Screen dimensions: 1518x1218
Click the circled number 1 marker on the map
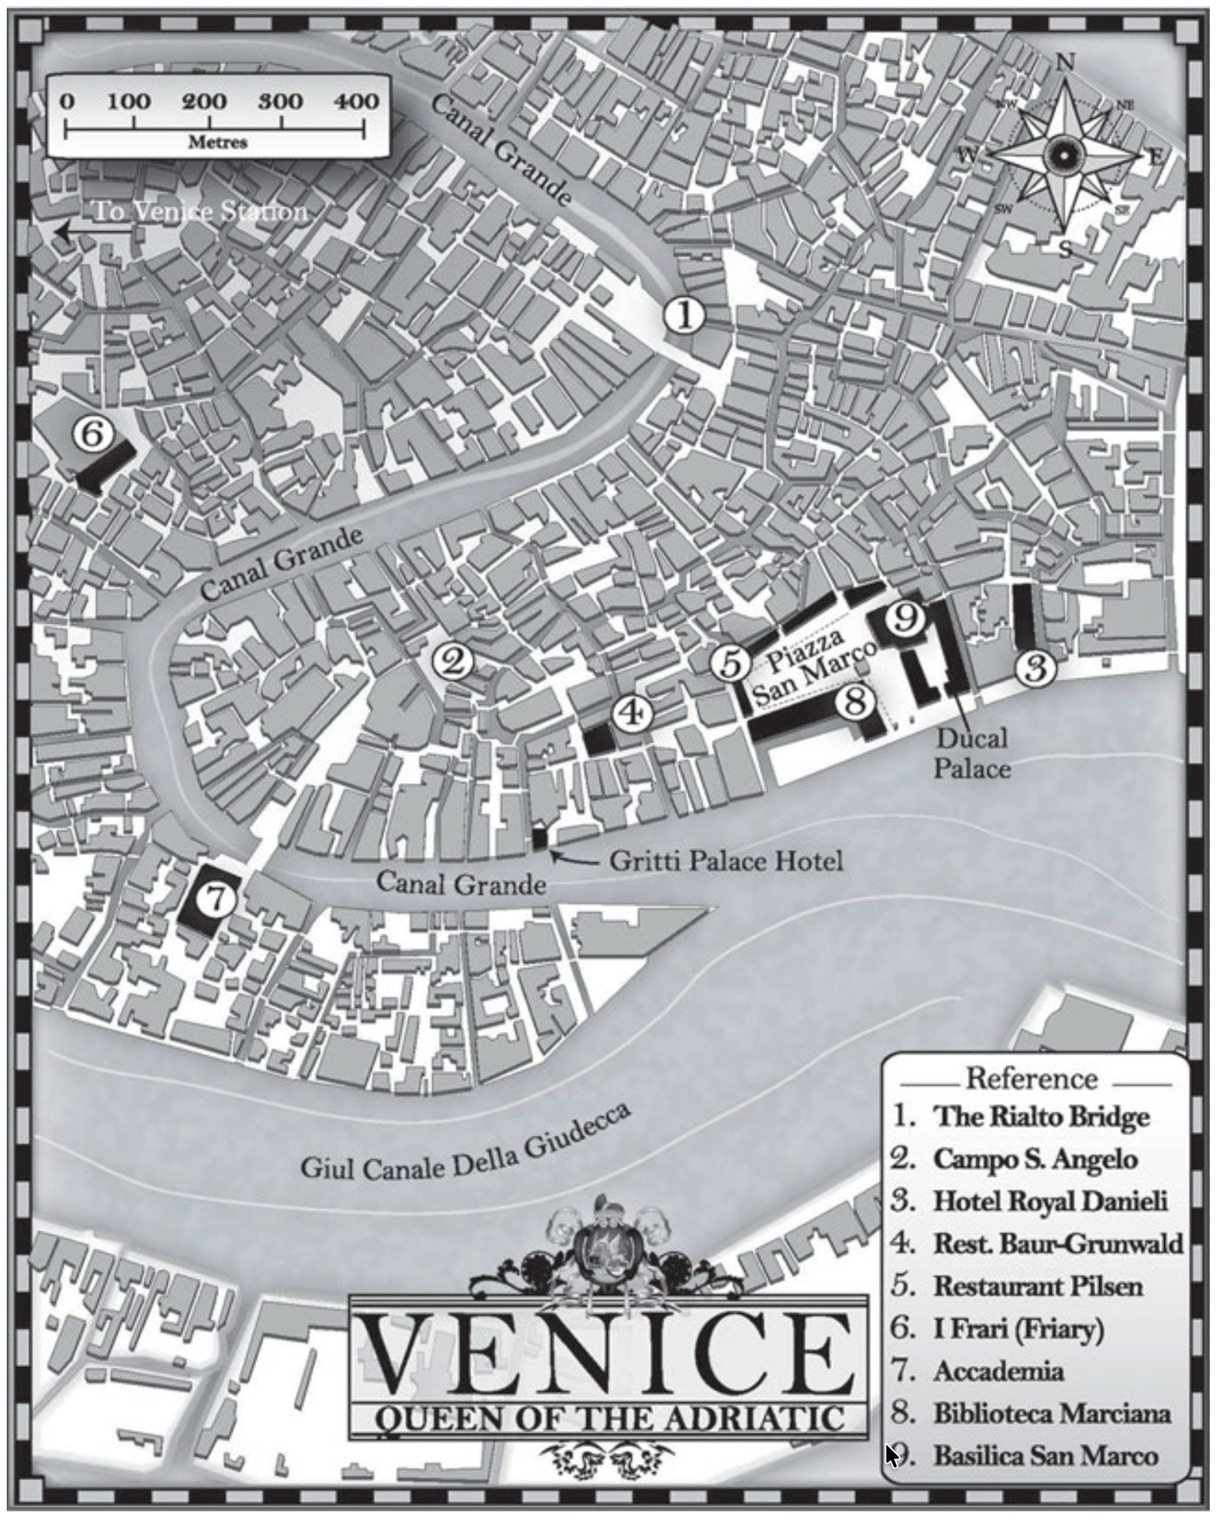[684, 315]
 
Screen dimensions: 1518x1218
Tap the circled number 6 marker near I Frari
[93, 433]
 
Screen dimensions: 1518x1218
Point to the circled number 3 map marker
[1035, 667]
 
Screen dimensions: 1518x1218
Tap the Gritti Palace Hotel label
[725, 861]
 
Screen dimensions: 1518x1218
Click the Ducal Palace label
[972, 753]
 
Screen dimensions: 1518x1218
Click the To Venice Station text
[201, 212]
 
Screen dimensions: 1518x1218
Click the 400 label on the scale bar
[356, 102]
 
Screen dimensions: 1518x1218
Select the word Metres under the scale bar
[218, 142]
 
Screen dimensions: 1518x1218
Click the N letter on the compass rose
[1065, 61]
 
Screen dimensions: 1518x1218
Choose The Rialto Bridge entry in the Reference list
[1041, 1116]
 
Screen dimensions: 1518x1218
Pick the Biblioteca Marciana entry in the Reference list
[1051, 1413]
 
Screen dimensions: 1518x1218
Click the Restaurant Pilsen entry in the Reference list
[1038, 1286]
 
